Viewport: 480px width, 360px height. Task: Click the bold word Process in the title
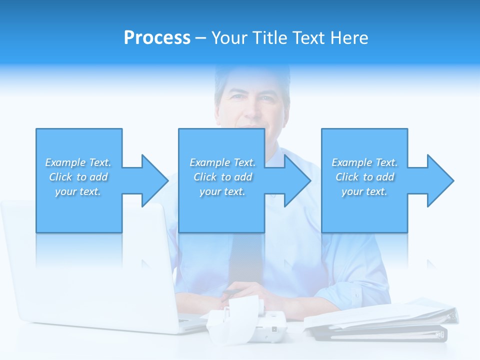(x=157, y=38)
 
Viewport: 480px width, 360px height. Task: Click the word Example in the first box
(x=65, y=162)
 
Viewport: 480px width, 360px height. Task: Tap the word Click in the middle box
(x=205, y=177)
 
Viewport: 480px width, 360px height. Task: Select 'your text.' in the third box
(x=364, y=191)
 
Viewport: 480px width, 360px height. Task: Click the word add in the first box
(x=99, y=177)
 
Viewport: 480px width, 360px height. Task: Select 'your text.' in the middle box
(x=222, y=191)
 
